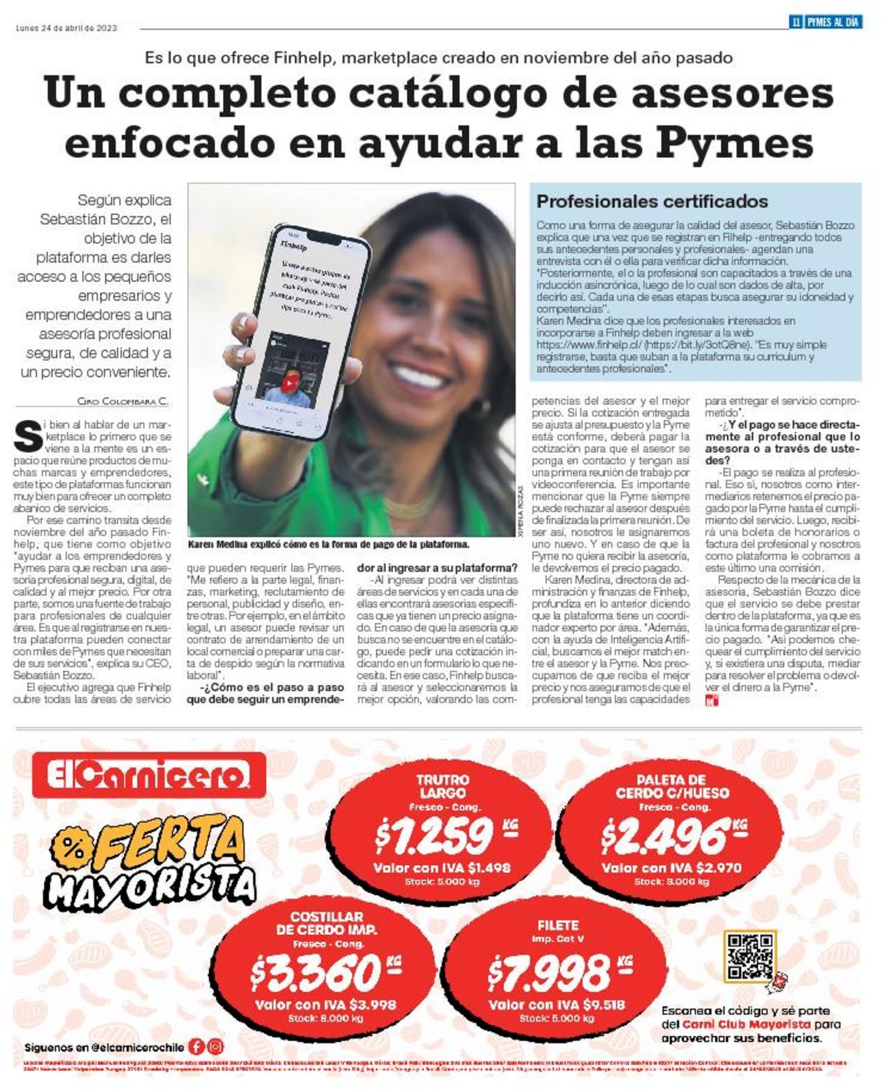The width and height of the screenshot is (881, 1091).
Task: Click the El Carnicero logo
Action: coord(149,775)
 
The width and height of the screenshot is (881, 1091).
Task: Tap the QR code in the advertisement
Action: coord(749,957)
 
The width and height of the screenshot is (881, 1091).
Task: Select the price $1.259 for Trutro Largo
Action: coord(434,835)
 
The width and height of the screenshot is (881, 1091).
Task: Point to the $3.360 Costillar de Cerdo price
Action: coord(316,972)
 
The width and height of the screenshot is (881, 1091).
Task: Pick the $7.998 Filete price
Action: coord(549,972)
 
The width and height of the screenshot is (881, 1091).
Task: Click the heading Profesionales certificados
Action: coord(652,201)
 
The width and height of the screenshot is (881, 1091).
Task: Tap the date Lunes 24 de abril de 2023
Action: coord(67,28)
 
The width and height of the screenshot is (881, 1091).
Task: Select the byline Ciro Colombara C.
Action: coord(123,401)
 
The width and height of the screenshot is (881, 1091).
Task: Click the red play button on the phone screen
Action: coord(290,382)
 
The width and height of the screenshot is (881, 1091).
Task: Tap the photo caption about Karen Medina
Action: coord(328,545)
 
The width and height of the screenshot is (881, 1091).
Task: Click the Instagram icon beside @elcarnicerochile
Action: coord(216,1046)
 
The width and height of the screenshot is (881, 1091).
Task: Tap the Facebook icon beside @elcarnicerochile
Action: coord(197,1046)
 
